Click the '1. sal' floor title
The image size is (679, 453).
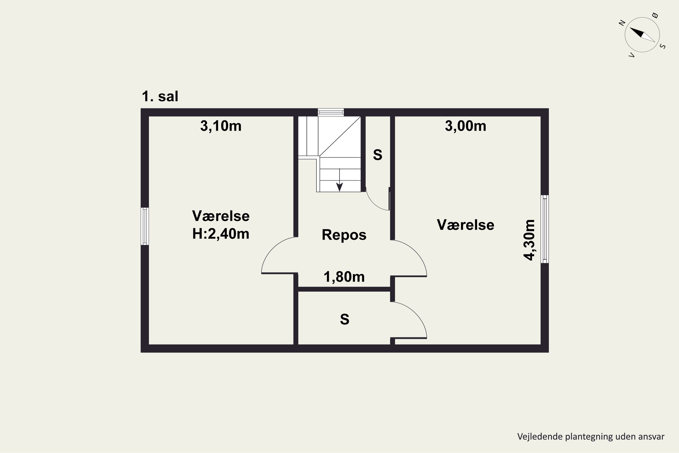click(160, 96)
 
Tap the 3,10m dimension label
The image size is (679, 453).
click(221, 126)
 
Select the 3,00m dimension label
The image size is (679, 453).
click(466, 126)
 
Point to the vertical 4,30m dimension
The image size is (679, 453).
click(529, 240)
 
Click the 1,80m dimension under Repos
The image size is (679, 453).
click(344, 277)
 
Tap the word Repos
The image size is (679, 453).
click(344, 235)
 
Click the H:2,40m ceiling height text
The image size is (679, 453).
click(221, 234)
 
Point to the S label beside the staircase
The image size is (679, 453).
click(378, 155)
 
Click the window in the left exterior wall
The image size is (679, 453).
click(145, 226)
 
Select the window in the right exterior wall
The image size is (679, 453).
click(545, 229)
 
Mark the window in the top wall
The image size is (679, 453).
click(331, 112)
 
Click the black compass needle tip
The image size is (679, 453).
click(630, 27)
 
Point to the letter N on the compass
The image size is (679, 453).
click(622, 23)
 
